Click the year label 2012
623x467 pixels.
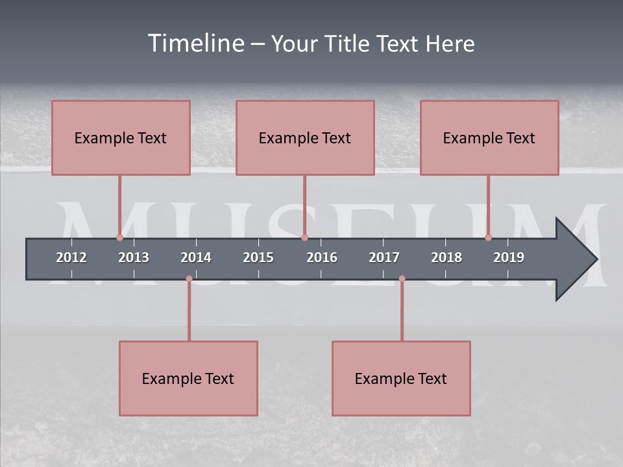[x=71, y=257]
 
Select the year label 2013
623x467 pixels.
[x=134, y=257]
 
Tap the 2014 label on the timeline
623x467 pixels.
[x=196, y=257]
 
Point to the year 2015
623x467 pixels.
[x=258, y=257]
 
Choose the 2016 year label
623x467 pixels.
[x=322, y=257]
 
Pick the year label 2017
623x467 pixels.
[x=384, y=257]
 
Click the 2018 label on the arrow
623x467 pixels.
[x=446, y=257]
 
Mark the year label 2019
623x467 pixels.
[x=509, y=257]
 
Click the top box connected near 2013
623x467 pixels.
[x=121, y=138]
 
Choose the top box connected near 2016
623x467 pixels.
[x=305, y=138]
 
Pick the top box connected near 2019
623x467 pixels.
[x=489, y=138]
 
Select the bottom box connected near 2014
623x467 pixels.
[x=188, y=378]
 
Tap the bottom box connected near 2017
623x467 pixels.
[x=401, y=378]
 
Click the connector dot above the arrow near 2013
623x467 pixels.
[x=119, y=238]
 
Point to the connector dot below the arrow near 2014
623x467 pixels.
[x=189, y=279]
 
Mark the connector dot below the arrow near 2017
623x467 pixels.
[x=402, y=279]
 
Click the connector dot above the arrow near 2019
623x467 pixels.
[x=488, y=238]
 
